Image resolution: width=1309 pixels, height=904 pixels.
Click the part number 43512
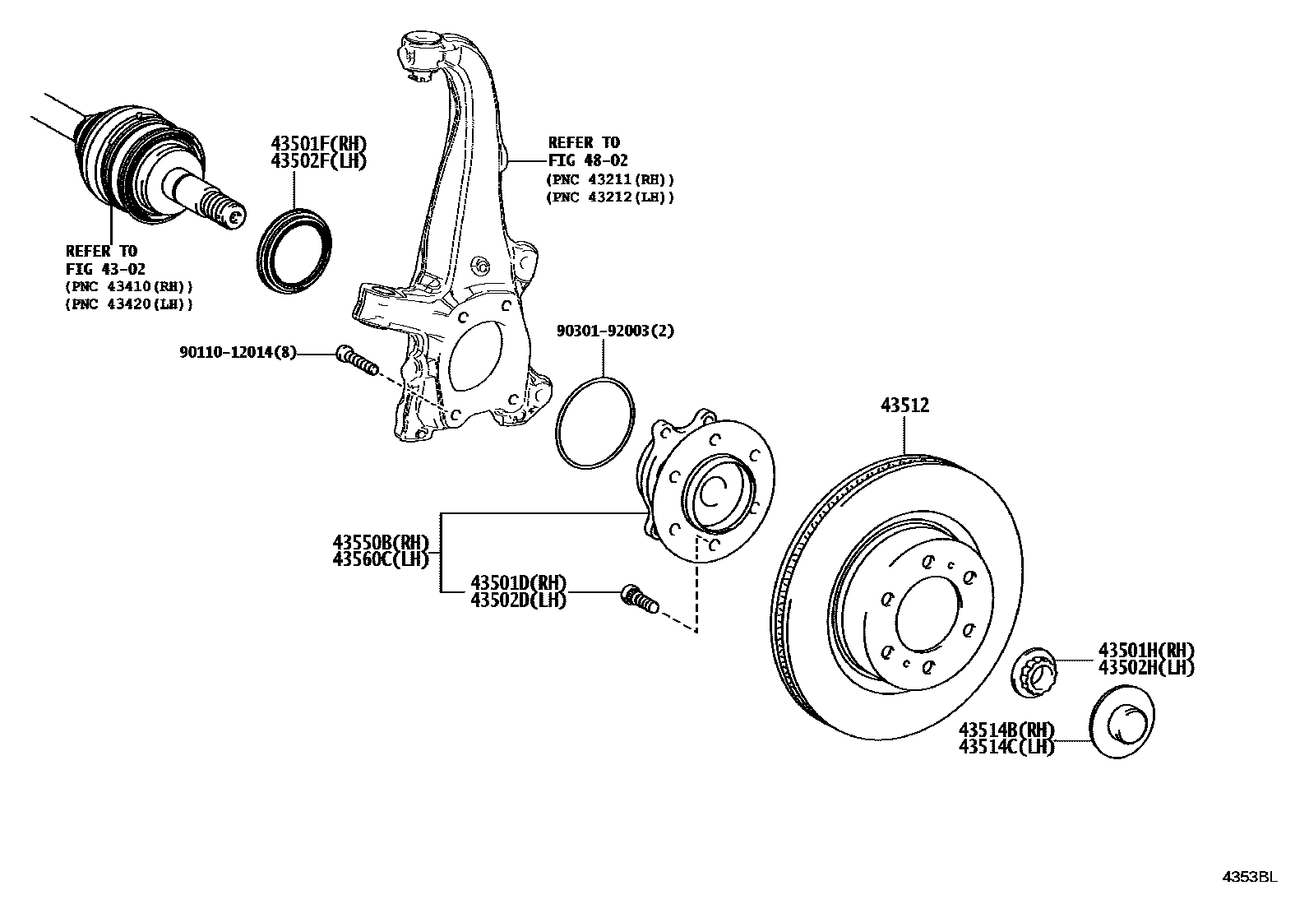click(x=904, y=405)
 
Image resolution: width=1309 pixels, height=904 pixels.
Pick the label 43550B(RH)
click(x=382, y=543)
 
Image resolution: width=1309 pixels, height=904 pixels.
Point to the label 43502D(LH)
click(x=518, y=600)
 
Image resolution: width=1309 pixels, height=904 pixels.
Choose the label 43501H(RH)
click(x=1146, y=650)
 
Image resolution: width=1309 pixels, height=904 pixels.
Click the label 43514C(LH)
click(x=1006, y=747)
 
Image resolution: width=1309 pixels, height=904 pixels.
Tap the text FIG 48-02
click(x=588, y=161)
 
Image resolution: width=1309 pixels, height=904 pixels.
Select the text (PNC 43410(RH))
click(x=130, y=286)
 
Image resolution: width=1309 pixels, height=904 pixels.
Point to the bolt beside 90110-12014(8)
click(x=355, y=361)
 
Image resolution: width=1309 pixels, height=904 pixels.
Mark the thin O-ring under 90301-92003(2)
click(x=595, y=423)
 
